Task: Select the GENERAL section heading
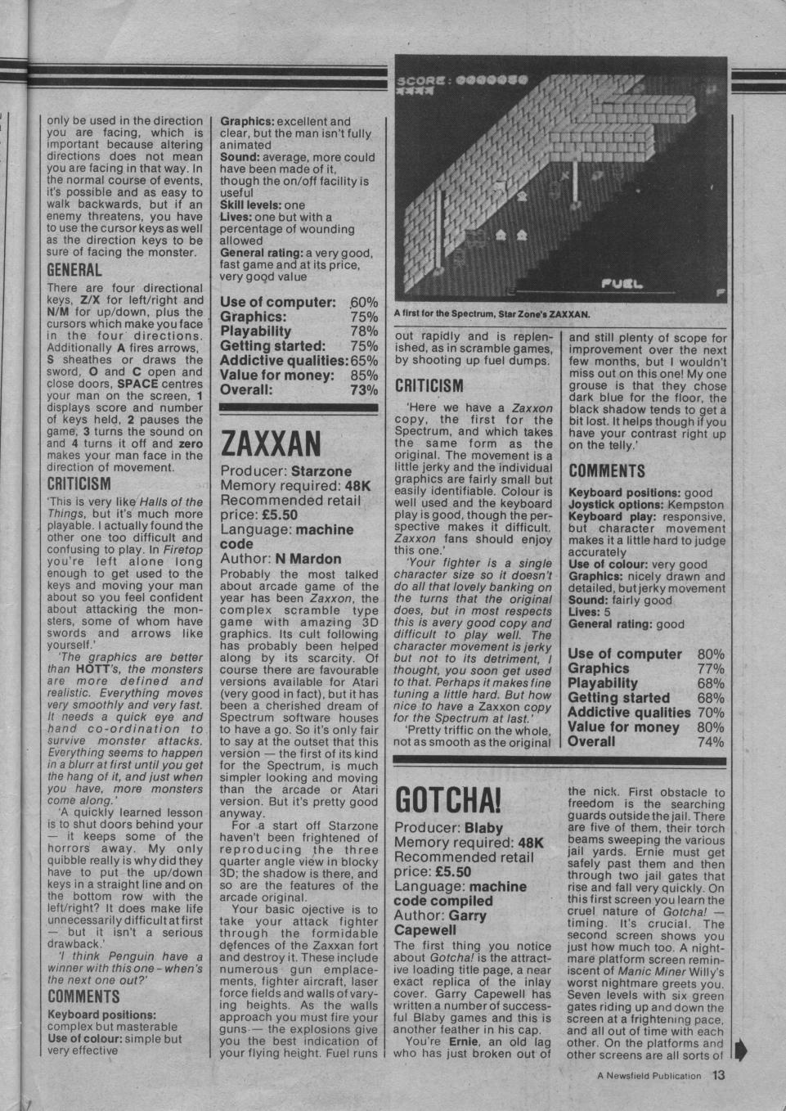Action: pos(74,270)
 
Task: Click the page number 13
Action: pos(718,1075)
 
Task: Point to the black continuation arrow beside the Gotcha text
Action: pos(742,1049)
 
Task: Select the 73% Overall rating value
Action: pos(365,390)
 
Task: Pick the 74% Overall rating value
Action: pos(711,742)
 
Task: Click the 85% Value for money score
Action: pos(365,376)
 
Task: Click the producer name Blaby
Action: pos(484,827)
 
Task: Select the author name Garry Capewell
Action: pos(441,923)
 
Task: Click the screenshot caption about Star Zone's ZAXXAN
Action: pos(492,314)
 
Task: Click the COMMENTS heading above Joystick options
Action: pos(607,470)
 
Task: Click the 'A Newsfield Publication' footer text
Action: pos(649,1076)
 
